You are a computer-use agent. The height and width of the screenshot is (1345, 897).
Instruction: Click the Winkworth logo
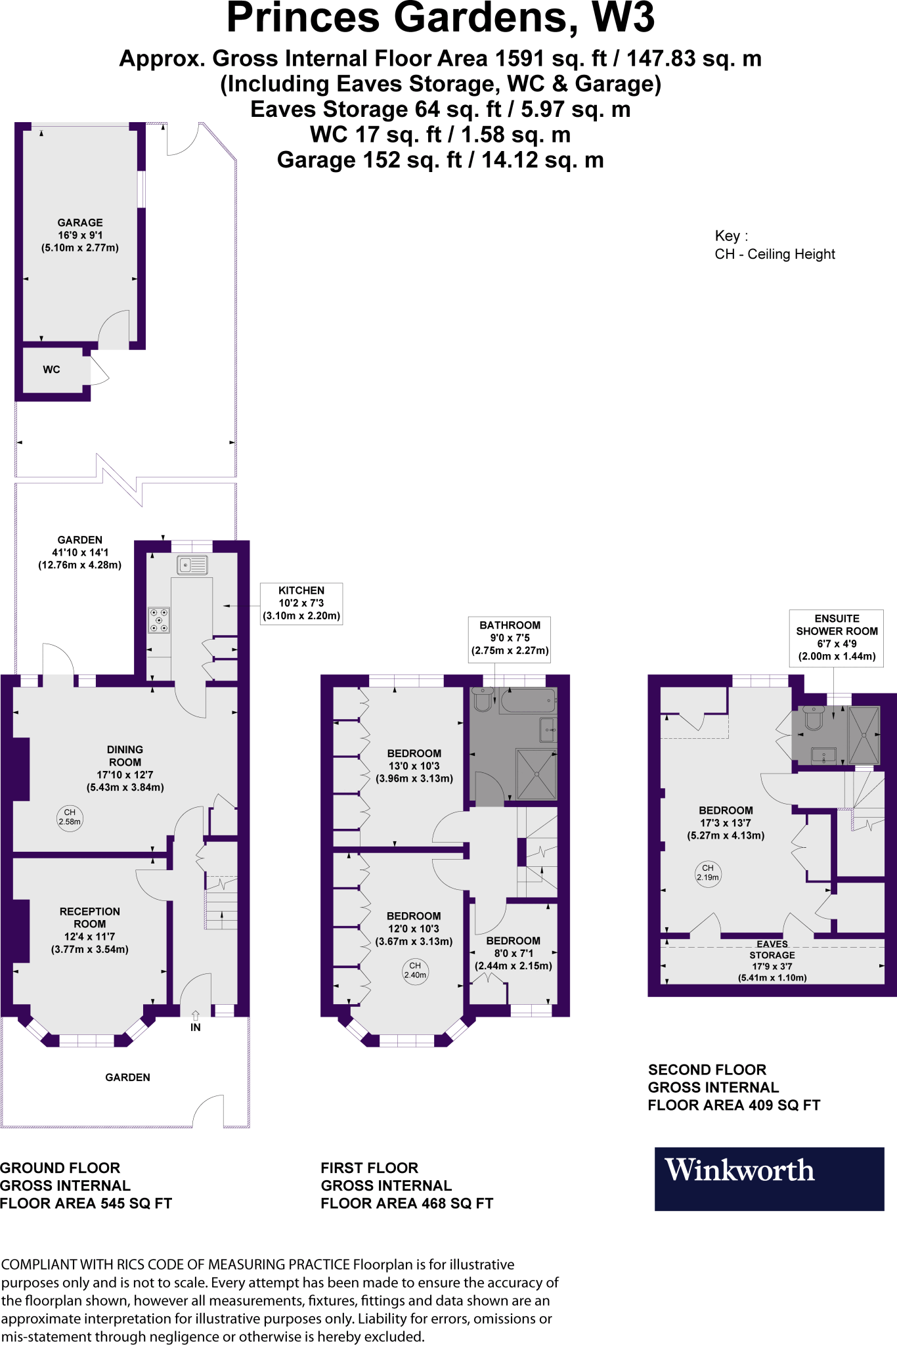pos(768,1179)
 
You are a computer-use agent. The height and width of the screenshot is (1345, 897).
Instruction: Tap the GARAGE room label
pos(80,235)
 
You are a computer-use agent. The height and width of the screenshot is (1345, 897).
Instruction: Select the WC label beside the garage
pos(52,370)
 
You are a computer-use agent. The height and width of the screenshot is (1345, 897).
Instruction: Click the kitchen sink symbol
pos(192,565)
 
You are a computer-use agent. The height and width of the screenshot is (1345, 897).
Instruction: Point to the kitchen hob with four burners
pos(159,620)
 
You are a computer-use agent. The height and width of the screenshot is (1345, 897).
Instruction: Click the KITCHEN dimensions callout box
pos(301,603)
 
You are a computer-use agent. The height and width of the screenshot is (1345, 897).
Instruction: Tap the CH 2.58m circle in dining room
pos(70,818)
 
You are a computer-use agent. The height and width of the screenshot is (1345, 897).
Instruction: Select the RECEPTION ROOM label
pos(90,929)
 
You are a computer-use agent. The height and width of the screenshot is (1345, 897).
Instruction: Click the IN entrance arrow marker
pos(196,1022)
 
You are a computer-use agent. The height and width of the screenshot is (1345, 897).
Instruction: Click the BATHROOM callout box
pos(510,638)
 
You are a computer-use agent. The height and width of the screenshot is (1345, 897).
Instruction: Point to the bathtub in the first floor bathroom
pos(528,701)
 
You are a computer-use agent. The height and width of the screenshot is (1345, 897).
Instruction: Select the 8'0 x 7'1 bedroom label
pos(514,953)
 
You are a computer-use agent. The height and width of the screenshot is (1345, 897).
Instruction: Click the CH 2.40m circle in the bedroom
pos(415,971)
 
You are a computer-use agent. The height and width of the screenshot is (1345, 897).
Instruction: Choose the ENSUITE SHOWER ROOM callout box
pos(837,637)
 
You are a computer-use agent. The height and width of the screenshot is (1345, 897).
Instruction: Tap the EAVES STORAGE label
pos(772,956)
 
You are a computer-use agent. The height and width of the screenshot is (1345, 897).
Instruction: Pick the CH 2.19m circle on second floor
pos(708,873)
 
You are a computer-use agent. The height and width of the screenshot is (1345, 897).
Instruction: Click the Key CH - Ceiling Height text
pos(774,246)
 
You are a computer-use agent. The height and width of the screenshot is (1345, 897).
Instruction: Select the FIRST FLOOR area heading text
pos(406,1185)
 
